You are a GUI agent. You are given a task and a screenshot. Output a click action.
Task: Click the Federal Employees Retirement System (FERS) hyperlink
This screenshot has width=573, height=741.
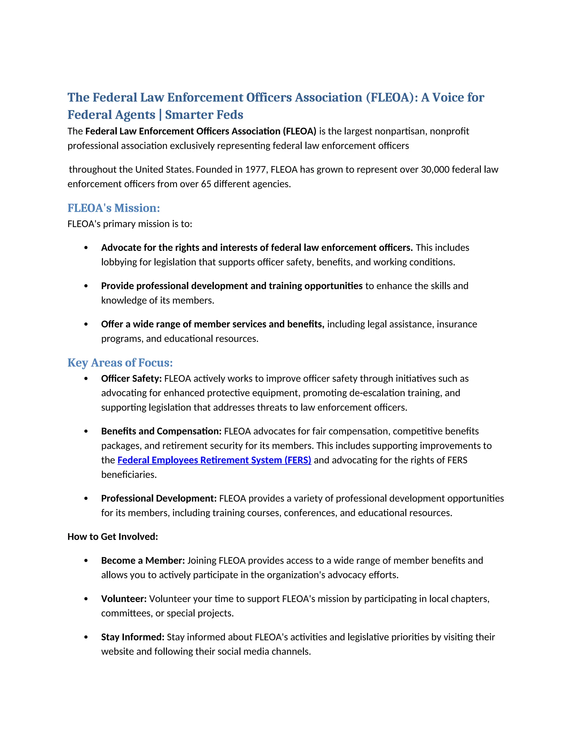[214, 460]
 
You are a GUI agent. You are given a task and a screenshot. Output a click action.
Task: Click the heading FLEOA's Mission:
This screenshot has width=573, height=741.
[113, 208]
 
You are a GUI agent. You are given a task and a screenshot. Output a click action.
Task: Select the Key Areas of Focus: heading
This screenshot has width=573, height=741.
[120, 363]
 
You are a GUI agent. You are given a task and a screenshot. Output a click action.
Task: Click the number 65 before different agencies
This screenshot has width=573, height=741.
[206, 184]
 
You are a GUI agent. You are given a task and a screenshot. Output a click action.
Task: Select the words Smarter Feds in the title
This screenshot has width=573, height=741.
[204, 115]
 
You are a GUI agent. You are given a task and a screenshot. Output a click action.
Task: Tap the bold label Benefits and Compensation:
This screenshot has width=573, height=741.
[161, 431]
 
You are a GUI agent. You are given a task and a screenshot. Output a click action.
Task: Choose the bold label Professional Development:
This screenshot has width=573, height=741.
[159, 498]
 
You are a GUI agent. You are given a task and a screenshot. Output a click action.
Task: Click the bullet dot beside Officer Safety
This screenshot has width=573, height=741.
[86, 379]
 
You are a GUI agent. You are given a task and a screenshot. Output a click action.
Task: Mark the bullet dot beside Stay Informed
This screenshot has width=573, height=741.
[86, 637]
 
